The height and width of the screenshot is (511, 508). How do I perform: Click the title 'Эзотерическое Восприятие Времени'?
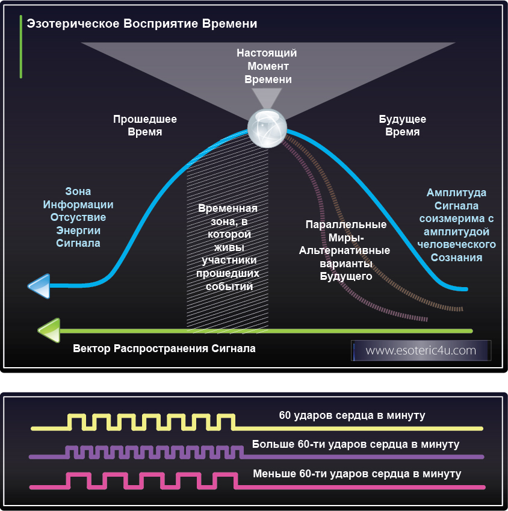point(142,24)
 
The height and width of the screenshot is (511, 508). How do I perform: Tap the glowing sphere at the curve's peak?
point(266,128)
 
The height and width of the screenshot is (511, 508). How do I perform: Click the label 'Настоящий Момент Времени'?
point(267,66)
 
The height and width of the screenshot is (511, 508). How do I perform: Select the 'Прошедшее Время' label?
point(145,125)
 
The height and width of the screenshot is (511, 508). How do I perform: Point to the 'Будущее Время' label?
point(402,125)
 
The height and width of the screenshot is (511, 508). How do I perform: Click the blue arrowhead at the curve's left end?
point(39,286)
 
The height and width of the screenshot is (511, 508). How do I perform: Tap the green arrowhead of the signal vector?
point(49,330)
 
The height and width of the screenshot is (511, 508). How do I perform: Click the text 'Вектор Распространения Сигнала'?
point(164,348)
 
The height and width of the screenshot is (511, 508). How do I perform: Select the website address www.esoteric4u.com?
point(421,350)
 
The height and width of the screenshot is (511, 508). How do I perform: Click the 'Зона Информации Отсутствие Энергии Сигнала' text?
point(78,217)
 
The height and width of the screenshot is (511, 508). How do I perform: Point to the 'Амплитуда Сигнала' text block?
point(456,225)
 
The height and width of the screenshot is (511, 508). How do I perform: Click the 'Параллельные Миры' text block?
point(345,250)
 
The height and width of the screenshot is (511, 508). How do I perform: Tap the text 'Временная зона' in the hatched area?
point(228,247)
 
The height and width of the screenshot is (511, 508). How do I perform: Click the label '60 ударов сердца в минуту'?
point(352,416)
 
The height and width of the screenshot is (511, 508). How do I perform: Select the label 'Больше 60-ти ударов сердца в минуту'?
point(356,445)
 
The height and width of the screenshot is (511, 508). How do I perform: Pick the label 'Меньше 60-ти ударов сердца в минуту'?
point(357,474)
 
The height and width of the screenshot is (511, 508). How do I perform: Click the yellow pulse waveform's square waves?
point(150,421)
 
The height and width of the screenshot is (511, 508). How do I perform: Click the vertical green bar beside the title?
point(21,47)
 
